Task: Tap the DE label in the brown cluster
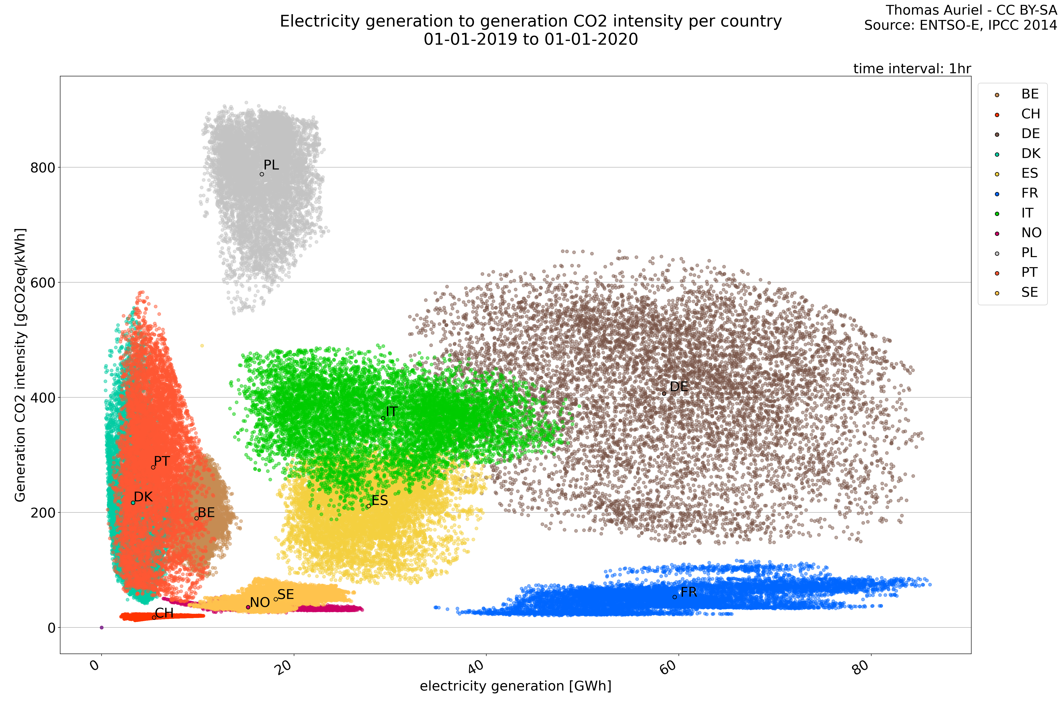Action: (x=679, y=387)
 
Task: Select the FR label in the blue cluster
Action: (x=689, y=592)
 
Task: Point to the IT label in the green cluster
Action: (x=391, y=412)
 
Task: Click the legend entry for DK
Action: (x=1030, y=154)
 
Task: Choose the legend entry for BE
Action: (x=1030, y=94)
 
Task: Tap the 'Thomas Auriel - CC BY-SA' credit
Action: (x=971, y=10)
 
